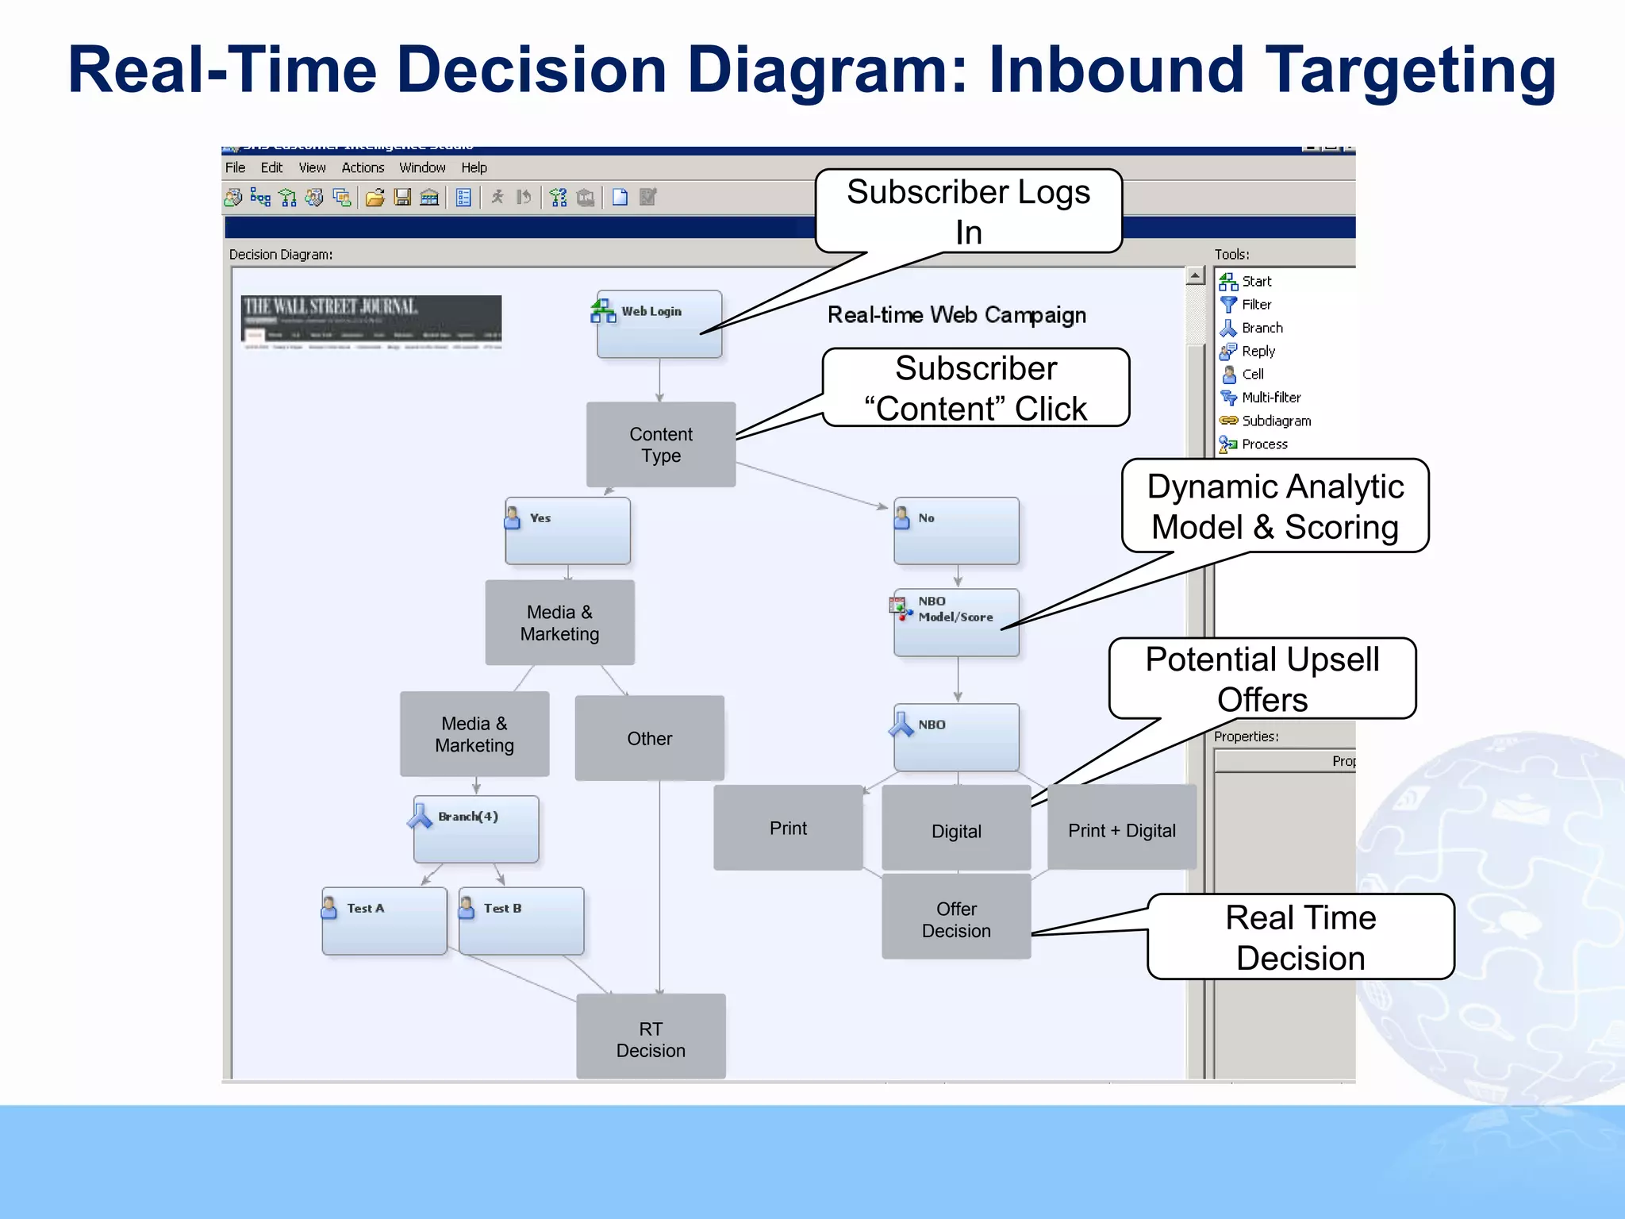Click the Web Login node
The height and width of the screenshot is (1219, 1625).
pos(659,324)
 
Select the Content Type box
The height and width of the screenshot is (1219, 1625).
pos(660,444)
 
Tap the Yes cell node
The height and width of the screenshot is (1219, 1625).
pos(567,530)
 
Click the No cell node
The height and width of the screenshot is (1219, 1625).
pos(956,530)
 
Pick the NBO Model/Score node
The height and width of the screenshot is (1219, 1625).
pos(956,621)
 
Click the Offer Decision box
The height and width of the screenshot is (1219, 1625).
pos(956,919)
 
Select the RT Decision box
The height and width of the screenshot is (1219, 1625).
pos(651,1038)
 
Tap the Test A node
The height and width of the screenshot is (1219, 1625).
pos(384,921)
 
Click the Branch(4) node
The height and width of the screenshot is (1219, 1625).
pos(475,829)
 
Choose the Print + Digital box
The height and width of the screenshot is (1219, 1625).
pos(1121,830)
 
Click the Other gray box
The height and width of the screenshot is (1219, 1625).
pos(649,738)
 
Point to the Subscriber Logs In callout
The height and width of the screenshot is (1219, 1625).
pos(968,211)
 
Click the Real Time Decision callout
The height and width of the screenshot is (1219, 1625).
pos(1300,937)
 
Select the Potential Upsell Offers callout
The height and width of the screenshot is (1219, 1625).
pos(1262,679)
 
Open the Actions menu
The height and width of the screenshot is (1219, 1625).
pos(363,167)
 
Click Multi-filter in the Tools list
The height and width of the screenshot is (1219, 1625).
pos(1270,398)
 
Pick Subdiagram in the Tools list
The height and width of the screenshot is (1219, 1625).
pos(1275,421)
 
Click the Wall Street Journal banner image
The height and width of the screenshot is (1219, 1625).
pos(371,321)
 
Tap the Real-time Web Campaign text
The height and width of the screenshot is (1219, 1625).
pos(956,315)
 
